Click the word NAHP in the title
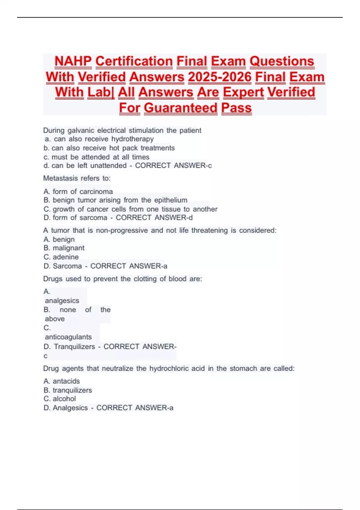pos(73,61)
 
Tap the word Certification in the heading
pos(134,61)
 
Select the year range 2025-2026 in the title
pos(220,77)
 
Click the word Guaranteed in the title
pos(180,108)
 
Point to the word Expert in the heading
pos(243,92)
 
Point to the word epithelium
pos(171,200)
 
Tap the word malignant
pos(68,248)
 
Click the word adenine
pos(65,257)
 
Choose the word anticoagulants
pos(68,337)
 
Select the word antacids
pos(66,381)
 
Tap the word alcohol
pos(64,399)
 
